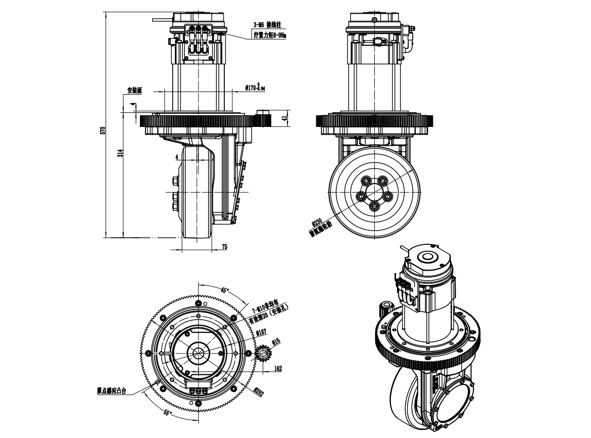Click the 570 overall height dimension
102,130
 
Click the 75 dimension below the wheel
225,246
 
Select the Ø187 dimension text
261,332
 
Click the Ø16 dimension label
275,342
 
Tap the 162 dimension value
278,369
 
